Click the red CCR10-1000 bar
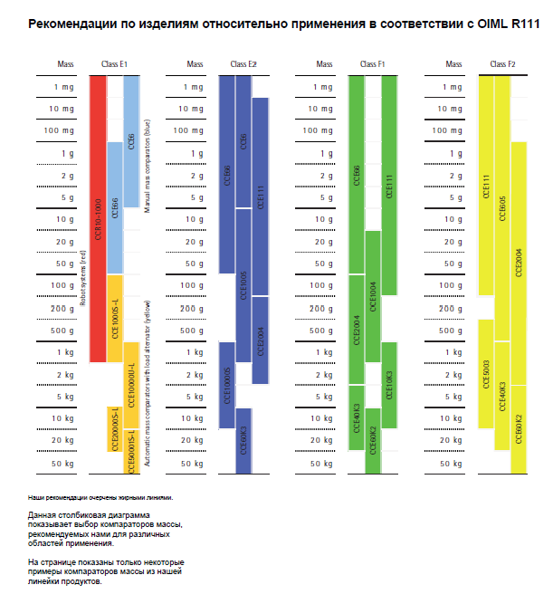tap(99, 217)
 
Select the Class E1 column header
tap(115, 64)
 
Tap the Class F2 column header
tap(502, 64)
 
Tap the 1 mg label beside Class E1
tap(64, 86)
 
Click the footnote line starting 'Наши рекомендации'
tap(100, 497)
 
